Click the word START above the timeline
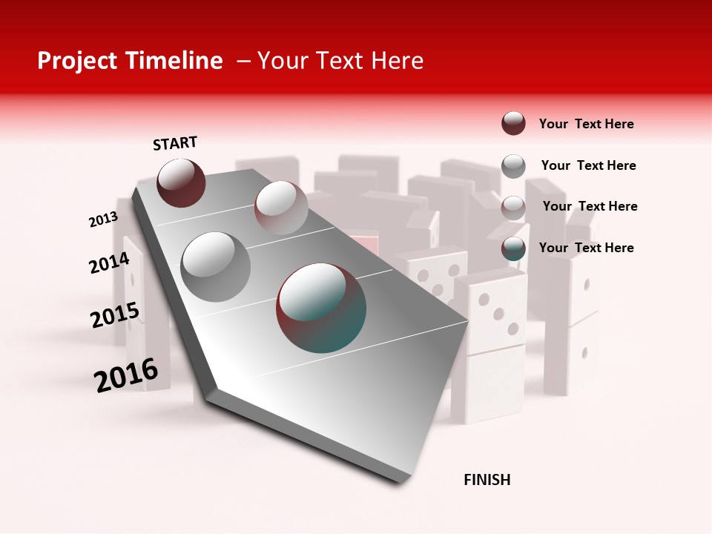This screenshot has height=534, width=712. pos(175,143)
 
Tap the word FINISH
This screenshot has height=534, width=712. pos(487,480)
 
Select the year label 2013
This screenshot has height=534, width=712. pos(103,220)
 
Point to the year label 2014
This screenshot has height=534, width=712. pos(109,263)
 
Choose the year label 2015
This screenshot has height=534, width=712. pos(114,315)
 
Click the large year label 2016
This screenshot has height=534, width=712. pos(126,375)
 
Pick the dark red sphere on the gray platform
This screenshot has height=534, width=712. pos(181,182)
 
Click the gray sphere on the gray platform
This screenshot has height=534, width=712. pos(216,266)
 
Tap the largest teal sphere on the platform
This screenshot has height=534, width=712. pos(321,307)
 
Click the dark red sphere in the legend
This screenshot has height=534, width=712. pos(513,123)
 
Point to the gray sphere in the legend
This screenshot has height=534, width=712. pos(513,166)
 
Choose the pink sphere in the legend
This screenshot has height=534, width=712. pos(513,208)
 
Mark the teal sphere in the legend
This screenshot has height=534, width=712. pos(513,249)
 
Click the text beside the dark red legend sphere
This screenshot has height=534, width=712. pos(586,124)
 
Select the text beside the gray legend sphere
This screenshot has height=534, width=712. pos(588,165)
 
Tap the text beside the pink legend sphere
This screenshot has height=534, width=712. pos(590,206)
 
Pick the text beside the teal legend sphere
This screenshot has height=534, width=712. pos(586,248)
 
